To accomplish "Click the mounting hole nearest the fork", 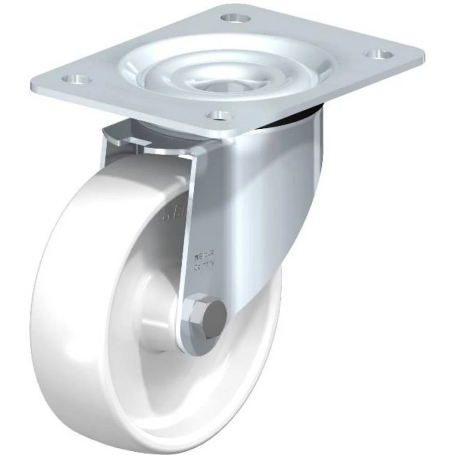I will pos(221,115).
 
